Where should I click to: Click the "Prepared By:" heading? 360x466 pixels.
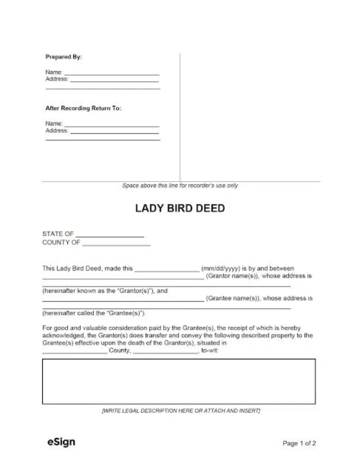(63, 57)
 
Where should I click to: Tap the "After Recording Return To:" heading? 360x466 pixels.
(83, 109)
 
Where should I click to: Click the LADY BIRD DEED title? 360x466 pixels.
(180, 209)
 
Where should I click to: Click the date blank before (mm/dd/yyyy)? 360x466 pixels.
(167, 269)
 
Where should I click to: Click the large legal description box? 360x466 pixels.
(179, 382)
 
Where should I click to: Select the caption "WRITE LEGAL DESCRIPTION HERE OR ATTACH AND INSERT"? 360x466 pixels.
(181, 411)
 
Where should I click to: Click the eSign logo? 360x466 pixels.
(61, 442)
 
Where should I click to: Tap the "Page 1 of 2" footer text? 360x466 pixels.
(299, 443)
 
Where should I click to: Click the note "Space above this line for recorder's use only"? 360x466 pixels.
(180, 185)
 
